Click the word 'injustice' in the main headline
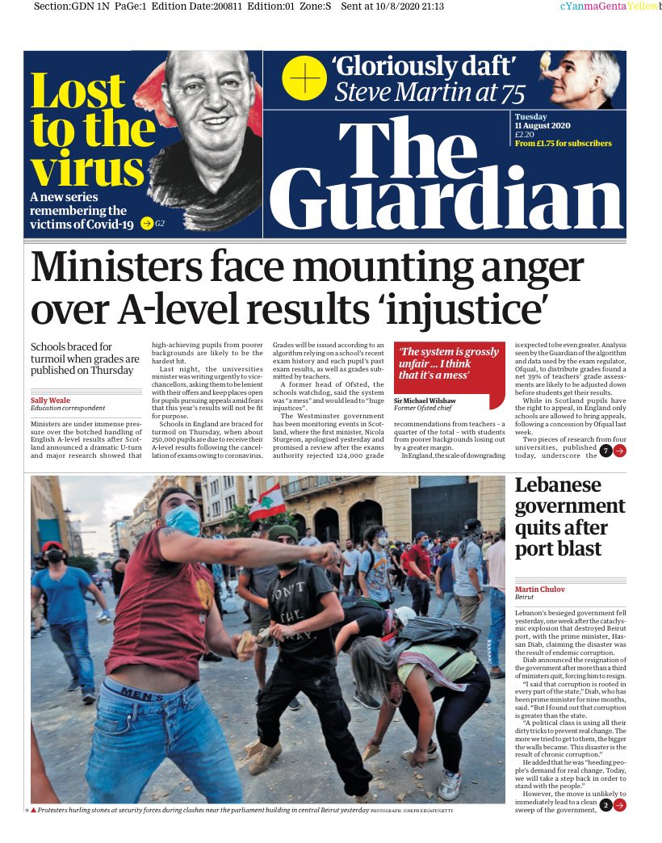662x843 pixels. pos(459,310)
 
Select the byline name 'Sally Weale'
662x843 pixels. pos(51,401)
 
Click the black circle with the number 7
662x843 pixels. pos(605,451)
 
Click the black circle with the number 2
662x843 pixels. pos(605,805)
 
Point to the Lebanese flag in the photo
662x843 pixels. pos(266,504)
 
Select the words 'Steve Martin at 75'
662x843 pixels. pos(429,94)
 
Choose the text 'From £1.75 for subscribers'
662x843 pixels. pos(563,144)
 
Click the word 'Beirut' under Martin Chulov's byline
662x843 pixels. pos(526,598)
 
